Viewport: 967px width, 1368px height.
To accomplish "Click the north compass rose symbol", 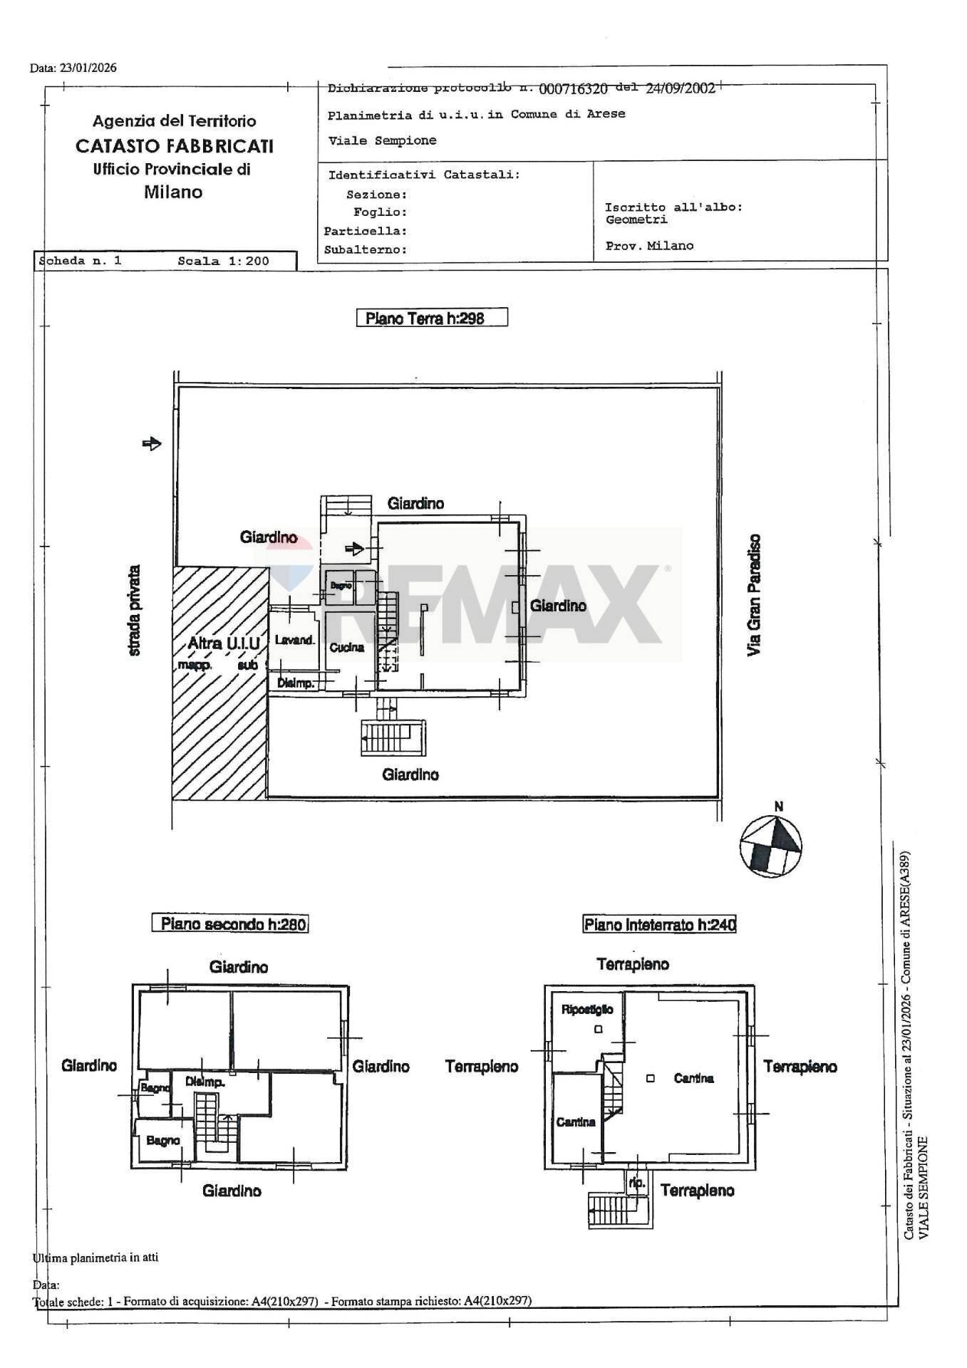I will coord(770,846).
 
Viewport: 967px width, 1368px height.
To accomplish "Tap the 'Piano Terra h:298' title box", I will coord(431,318).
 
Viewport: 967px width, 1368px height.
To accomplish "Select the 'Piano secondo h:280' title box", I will coord(230,924).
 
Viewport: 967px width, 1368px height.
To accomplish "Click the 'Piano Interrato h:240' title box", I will coord(659,925).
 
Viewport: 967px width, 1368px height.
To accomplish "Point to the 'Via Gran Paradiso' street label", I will coord(755,595).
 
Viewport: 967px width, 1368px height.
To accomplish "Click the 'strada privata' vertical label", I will coord(134,611).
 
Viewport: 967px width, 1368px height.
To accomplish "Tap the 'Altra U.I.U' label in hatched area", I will coord(223,643).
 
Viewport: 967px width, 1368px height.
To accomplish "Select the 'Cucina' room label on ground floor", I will coord(346,647).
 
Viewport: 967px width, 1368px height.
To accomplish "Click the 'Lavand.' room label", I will coord(294,640).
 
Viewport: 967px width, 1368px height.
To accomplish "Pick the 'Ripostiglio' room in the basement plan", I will coord(587,1010).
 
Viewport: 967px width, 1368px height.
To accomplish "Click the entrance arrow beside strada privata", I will coord(152,444).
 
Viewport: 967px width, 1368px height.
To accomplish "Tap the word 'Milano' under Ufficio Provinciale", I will coord(173,192).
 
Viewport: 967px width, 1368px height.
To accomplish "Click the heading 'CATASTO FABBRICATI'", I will coord(175,146).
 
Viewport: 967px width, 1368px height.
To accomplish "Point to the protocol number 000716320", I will coord(573,88).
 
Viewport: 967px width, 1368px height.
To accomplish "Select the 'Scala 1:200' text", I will coord(223,261).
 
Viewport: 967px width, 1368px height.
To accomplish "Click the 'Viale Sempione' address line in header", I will coord(382,140).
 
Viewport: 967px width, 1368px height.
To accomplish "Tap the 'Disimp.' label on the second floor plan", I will coord(205,1082).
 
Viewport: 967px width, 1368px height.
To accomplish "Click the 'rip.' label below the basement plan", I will coord(636,1182).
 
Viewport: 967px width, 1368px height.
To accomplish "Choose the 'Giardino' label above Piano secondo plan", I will coord(239,967).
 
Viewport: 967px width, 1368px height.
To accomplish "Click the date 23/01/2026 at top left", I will coord(93,68).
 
